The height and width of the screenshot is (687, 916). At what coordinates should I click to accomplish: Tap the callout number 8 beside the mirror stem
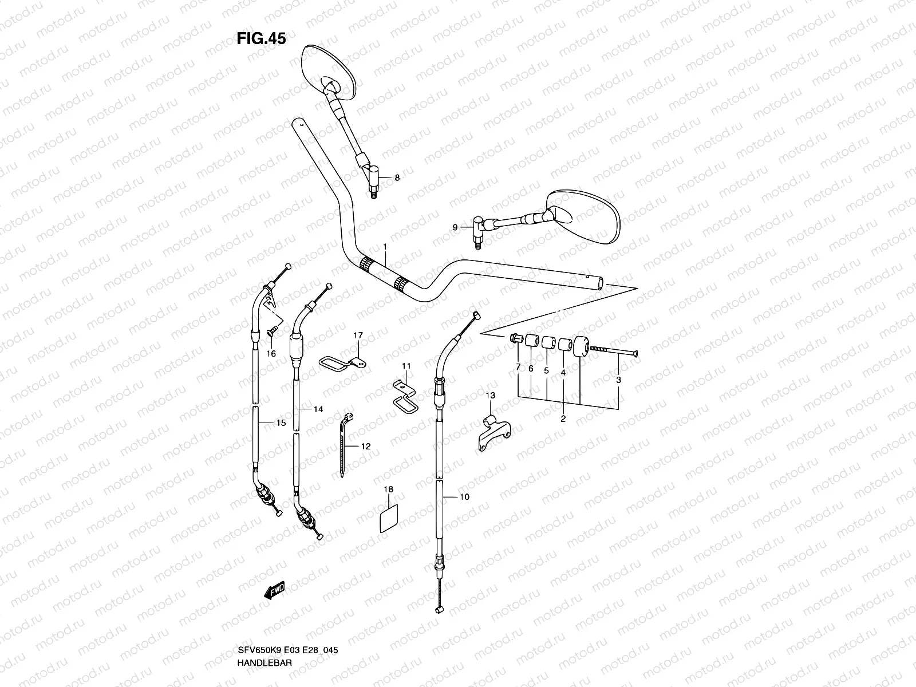click(x=397, y=178)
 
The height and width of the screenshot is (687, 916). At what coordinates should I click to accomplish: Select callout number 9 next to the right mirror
click(x=455, y=227)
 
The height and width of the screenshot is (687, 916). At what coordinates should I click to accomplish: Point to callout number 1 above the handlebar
click(x=385, y=247)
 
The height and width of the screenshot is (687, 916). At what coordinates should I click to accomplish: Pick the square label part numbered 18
click(x=389, y=517)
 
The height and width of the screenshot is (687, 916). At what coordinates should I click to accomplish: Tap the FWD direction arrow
click(x=275, y=591)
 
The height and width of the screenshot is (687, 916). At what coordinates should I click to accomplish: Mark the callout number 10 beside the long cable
click(x=464, y=497)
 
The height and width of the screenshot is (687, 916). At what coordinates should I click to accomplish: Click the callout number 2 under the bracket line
click(x=563, y=419)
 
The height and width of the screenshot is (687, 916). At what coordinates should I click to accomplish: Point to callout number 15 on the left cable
click(x=281, y=424)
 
